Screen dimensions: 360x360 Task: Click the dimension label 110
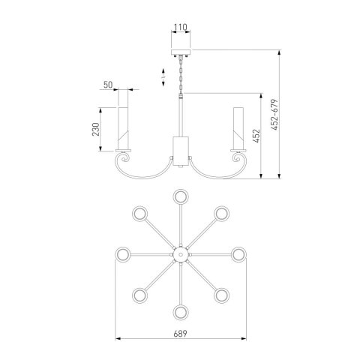click(x=181, y=27)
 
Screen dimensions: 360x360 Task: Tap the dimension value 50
click(x=108, y=85)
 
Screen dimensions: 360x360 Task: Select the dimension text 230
click(x=96, y=129)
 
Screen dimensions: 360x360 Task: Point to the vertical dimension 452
click(x=256, y=136)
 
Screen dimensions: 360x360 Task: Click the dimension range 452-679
click(x=274, y=115)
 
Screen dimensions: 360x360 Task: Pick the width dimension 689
click(x=180, y=334)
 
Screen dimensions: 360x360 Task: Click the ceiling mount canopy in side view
click(x=181, y=52)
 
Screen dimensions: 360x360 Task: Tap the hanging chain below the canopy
click(x=181, y=74)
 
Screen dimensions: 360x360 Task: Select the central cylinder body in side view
click(x=181, y=151)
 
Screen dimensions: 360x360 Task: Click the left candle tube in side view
click(x=123, y=128)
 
